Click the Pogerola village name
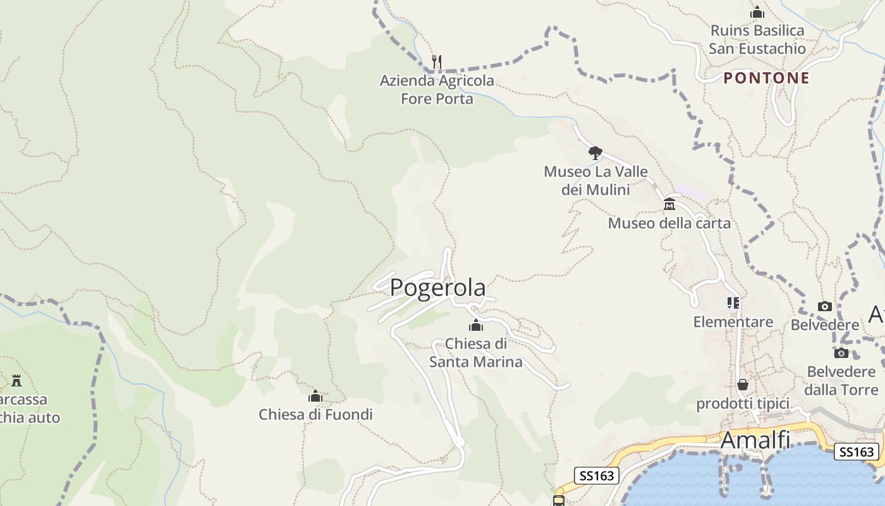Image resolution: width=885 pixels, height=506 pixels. pyautogui.click(x=437, y=288)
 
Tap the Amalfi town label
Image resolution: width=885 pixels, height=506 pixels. pyautogui.click(x=756, y=440)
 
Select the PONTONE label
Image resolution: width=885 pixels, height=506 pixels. pyautogui.click(x=766, y=78)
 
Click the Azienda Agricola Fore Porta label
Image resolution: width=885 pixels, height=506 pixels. pyautogui.click(x=437, y=90)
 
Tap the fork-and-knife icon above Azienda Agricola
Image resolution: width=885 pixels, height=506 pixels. pyautogui.click(x=437, y=61)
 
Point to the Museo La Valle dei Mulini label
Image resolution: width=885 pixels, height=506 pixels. pyautogui.click(x=595, y=180)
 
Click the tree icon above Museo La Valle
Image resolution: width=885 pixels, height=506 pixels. pyautogui.click(x=595, y=152)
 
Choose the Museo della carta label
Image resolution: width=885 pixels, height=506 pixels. pyautogui.click(x=669, y=223)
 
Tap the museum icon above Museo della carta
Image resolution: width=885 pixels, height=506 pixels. pyautogui.click(x=669, y=204)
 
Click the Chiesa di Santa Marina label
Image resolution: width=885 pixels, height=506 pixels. pyautogui.click(x=475, y=353)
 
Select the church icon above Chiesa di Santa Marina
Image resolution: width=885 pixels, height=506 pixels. pyautogui.click(x=476, y=326)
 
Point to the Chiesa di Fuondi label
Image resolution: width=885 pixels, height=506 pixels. pyautogui.click(x=315, y=415)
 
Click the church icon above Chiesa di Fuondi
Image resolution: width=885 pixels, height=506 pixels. pyautogui.click(x=315, y=397)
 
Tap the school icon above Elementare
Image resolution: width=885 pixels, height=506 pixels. pyautogui.click(x=733, y=303)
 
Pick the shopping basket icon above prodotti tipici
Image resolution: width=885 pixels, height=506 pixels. pyautogui.click(x=743, y=385)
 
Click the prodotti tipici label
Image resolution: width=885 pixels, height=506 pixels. pyautogui.click(x=743, y=404)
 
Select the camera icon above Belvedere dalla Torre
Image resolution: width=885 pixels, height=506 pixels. pyautogui.click(x=841, y=353)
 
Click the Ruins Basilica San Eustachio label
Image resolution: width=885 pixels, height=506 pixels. pyautogui.click(x=757, y=39)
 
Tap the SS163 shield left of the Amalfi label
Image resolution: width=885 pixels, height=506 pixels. pyautogui.click(x=597, y=476)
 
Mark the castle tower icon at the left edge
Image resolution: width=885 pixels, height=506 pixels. pyautogui.click(x=16, y=380)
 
